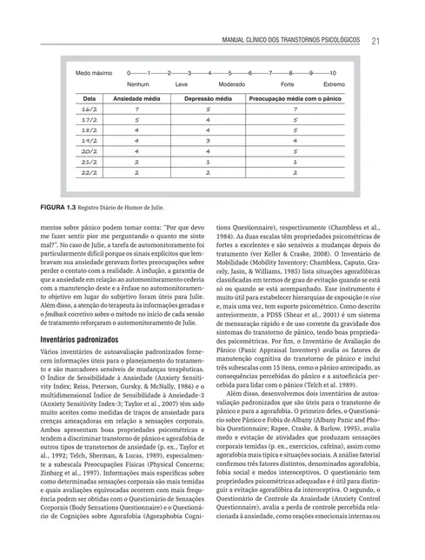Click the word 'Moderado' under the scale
[x=230, y=84]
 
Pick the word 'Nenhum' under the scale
[x=138, y=84]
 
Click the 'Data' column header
[x=89, y=100]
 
